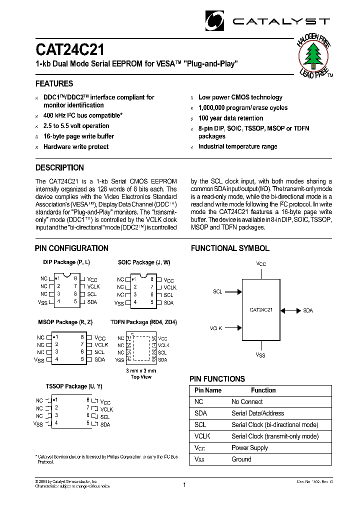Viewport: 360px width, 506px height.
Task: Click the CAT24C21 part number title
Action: [70, 50]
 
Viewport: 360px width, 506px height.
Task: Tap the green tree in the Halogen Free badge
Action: [313, 55]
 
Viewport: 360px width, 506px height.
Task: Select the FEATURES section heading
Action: [54, 83]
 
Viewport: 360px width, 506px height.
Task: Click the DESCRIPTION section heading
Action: [59, 167]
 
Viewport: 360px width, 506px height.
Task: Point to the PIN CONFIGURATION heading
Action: [71, 248]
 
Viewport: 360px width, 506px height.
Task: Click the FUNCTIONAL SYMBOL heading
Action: [230, 248]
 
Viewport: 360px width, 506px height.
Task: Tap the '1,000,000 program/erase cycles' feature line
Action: [243, 107]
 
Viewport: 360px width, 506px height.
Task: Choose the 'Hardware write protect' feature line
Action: [76, 146]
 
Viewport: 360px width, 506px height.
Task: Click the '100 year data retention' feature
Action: [230, 118]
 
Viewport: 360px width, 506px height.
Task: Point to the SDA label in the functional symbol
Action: [307, 310]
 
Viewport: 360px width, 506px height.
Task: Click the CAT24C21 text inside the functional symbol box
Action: [261, 310]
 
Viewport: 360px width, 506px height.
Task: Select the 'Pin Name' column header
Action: [208, 390]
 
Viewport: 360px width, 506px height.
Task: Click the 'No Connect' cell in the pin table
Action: [247, 401]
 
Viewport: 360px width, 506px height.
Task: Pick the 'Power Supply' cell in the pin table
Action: [249, 447]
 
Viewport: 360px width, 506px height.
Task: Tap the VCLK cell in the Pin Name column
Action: [202, 436]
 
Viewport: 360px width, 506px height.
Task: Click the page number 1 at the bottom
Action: [184, 484]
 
